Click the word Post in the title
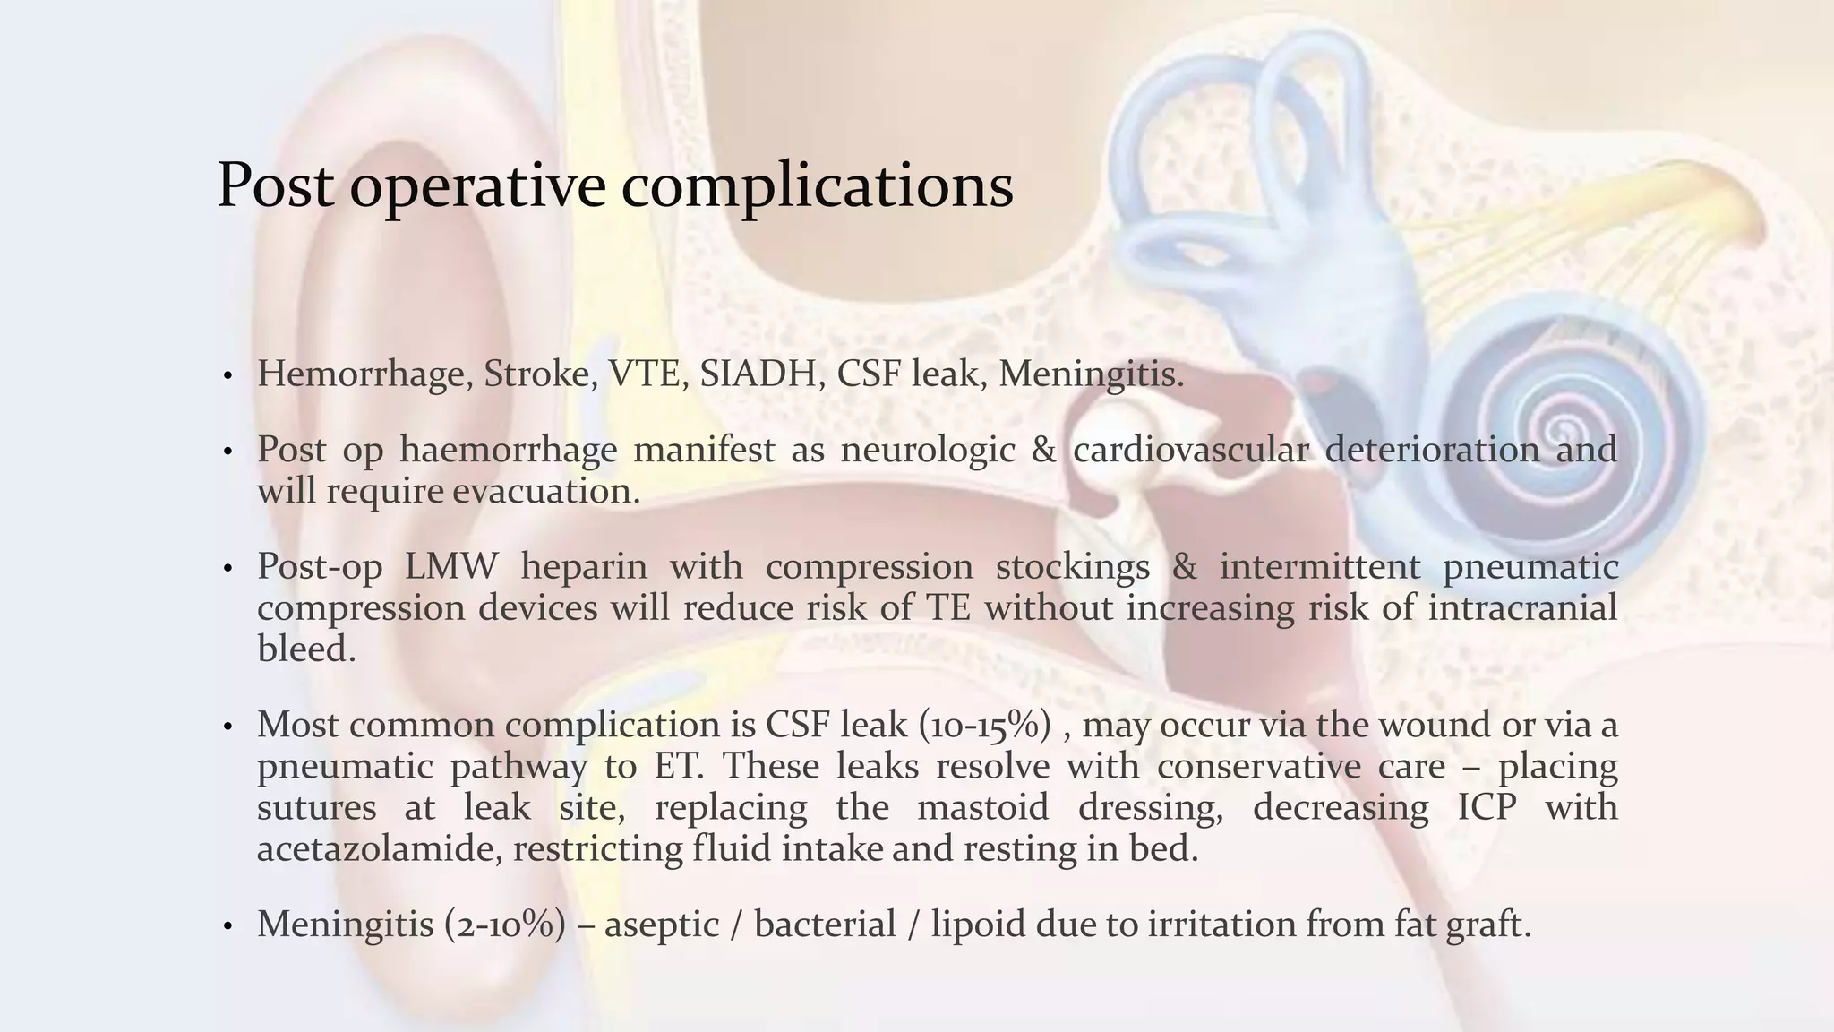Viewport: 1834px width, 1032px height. coord(276,185)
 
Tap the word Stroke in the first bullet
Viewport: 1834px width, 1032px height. coord(540,374)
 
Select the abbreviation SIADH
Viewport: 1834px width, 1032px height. coord(761,374)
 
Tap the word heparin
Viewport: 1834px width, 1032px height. coord(583,566)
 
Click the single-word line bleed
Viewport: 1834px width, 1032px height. coord(306,649)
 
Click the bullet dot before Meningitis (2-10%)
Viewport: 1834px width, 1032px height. coord(228,926)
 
